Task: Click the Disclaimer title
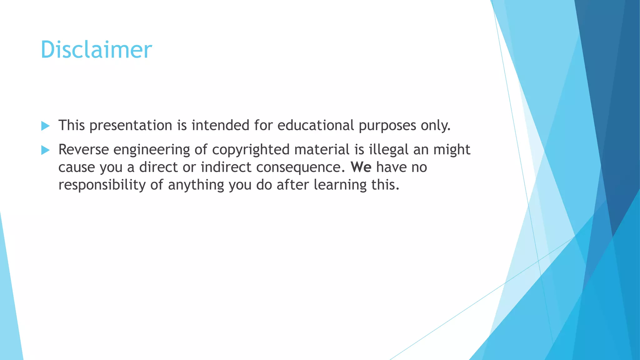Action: (96, 50)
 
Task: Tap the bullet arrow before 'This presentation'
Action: (46, 126)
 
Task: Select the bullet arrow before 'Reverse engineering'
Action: (46, 150)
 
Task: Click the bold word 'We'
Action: (361, 167)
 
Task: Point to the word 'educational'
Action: (316, 125)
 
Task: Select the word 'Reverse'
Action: (83, 150)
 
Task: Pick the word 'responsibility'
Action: (102, 185)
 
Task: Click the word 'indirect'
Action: (226, 167)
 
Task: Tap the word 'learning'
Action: (340, 185)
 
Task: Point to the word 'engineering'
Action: (152, 150)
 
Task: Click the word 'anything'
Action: (196, 185)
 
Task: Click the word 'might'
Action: (452, 150)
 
